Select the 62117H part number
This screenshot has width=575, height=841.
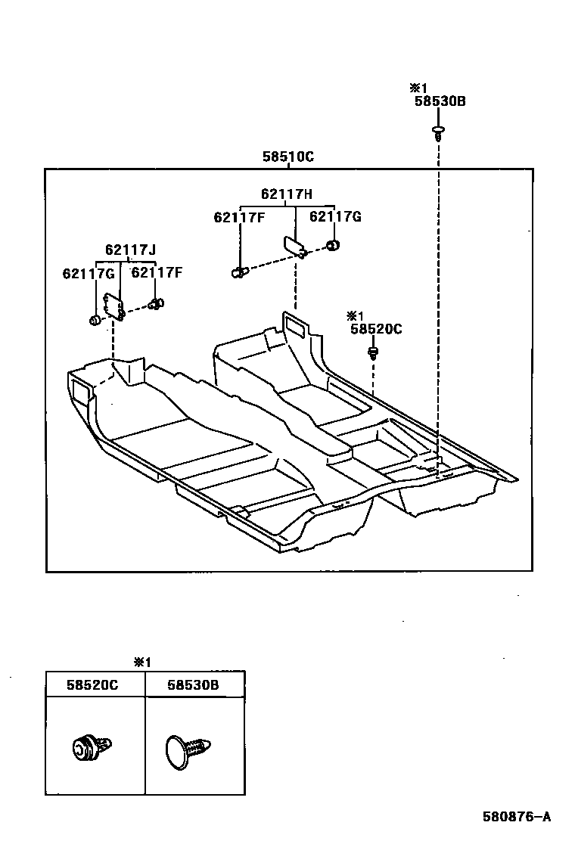287,194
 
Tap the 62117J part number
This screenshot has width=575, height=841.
131,250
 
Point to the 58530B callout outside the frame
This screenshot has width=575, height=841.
440,101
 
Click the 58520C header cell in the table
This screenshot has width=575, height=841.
92,684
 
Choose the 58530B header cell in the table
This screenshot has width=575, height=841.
193,684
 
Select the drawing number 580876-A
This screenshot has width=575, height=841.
517,816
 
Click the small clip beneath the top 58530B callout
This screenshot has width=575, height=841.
438,133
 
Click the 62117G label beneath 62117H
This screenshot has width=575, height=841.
335,217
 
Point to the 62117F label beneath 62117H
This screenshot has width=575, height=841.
239,218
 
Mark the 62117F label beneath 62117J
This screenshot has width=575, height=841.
157,272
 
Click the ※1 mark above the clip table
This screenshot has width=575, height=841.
142,662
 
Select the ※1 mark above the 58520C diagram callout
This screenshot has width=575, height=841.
356,315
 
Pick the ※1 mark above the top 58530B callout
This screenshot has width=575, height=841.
418,88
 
